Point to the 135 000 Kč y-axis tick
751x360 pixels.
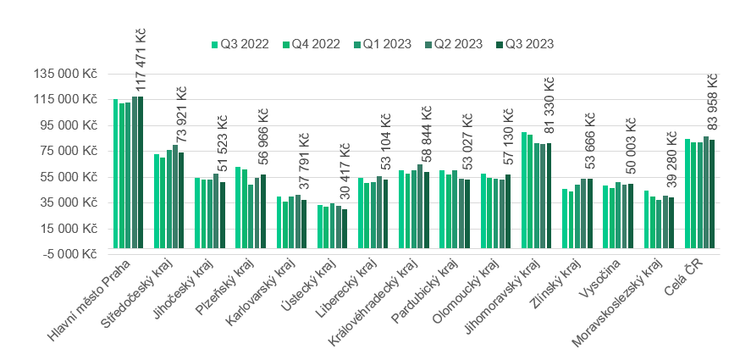(x=65, y=74)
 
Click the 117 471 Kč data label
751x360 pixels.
(x=141, y=61)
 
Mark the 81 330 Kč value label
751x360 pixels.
(x=549, y=109)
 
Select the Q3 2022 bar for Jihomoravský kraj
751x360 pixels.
(x=524, y=191)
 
